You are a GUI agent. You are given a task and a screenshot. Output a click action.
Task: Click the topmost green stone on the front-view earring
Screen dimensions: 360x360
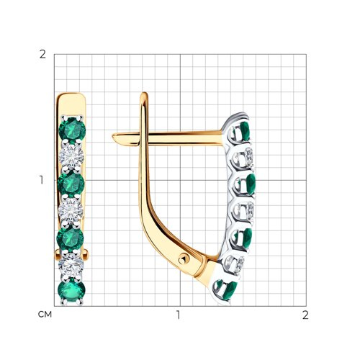coord(72,130)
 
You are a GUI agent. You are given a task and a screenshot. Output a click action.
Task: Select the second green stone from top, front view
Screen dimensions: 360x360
coord(71,184)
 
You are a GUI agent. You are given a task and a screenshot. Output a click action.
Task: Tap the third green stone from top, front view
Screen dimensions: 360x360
coord(71,238)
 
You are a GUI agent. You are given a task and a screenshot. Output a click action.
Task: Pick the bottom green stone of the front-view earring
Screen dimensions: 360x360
coord(72,290)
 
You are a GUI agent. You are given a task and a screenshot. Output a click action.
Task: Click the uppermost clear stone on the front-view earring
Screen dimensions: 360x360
coord(71,156)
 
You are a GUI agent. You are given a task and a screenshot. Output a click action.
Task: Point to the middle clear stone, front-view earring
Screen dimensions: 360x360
coord(71,210)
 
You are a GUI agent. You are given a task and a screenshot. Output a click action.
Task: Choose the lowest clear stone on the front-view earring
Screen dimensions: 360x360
coord(71,264)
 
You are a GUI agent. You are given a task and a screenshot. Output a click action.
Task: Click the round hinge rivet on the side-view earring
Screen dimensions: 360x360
coord(184,259)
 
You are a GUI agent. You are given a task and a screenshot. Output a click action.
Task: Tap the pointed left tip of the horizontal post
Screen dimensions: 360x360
coord(113,137)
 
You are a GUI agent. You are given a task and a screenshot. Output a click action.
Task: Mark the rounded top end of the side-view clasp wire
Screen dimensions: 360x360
coord(144,94)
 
